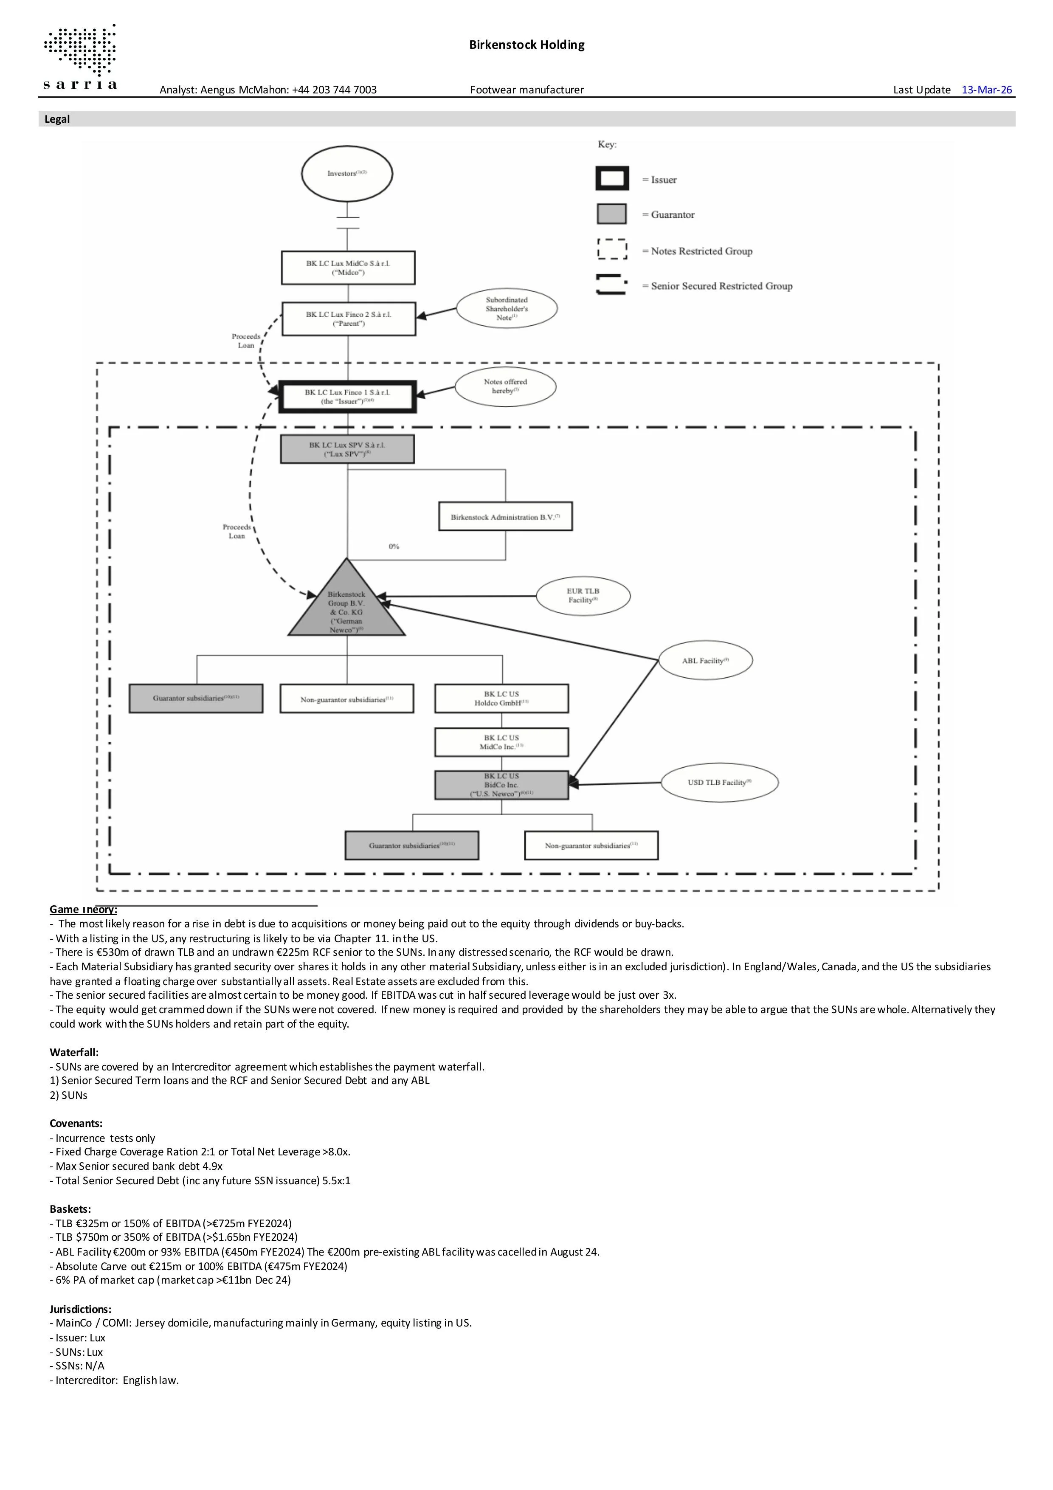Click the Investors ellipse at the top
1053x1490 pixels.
coord(347,174)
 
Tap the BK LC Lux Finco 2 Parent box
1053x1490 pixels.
coord(349,318)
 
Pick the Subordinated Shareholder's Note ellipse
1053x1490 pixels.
coord(506,308)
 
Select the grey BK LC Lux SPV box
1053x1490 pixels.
coord(347,449)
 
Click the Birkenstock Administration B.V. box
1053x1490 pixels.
coord(505,517)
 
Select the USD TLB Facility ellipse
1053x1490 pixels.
coord(719,783)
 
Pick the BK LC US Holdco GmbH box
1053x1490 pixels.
coord(501,698)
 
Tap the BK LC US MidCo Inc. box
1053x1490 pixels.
coord(501,742)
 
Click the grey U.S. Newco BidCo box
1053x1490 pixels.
coord(501,785)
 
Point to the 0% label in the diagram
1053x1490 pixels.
coord(394,546)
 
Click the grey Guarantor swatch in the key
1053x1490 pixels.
coord(611,214)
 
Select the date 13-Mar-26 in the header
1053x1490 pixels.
coord(986,90)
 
